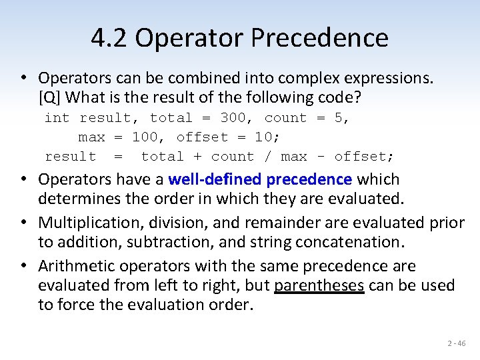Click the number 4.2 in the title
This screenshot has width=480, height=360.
(111, 38)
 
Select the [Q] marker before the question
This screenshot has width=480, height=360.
(50, 97)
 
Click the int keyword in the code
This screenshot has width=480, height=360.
(57, 118)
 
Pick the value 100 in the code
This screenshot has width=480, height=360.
(145, 137)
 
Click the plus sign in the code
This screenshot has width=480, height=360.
(198, 157)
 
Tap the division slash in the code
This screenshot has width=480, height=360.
(268, 157)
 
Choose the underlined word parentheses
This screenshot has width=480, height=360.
(319, 285)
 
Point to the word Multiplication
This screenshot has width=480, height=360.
(85, 223)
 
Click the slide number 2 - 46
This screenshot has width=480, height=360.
(457, 343)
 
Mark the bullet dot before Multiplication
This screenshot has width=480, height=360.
(25, 223)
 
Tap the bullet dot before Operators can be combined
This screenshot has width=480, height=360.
(25, 78)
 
